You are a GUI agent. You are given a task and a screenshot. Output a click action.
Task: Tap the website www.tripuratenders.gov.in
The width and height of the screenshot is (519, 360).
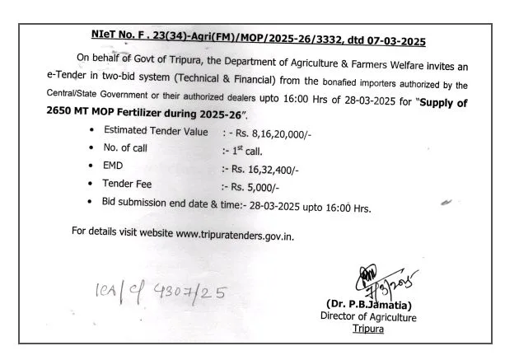(x=235, y=233)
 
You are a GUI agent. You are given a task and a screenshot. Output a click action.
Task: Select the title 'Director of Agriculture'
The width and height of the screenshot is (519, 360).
(x=368, y=317)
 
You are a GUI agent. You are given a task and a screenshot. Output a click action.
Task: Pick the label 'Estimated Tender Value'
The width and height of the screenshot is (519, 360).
(x=156, y=131)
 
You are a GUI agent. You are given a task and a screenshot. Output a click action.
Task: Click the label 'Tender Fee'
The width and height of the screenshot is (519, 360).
(x=128, y=185)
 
